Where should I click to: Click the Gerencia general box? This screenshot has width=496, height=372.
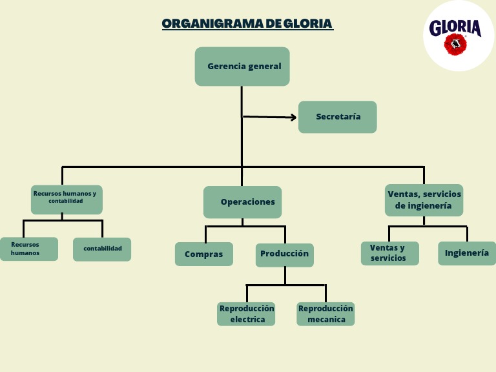point(242,67)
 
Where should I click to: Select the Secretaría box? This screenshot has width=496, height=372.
point(337,117)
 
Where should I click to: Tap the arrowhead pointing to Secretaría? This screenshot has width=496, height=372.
point(293,118)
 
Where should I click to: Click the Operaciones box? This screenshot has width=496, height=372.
point(242,202)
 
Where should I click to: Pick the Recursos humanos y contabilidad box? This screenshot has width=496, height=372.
point(67,200)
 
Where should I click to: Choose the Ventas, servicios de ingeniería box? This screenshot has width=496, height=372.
point(424,200)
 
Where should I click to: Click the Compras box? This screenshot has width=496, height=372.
point(203,254)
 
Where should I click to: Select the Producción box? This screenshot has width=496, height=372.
point(284,254)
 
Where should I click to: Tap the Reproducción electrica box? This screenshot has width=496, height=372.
point(246,314)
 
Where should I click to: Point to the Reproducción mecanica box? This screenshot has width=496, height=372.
point(325,314)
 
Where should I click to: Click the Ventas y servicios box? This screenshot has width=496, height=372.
point(389,253)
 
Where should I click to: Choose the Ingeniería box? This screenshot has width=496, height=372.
point(467,253)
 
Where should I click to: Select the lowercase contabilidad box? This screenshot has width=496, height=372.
point(102,249)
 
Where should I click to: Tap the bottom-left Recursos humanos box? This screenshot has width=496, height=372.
point(29,249)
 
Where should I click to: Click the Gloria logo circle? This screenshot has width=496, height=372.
point(458,36)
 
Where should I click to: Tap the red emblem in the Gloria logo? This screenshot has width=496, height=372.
point(455,44)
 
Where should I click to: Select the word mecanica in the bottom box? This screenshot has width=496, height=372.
point(326,320)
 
